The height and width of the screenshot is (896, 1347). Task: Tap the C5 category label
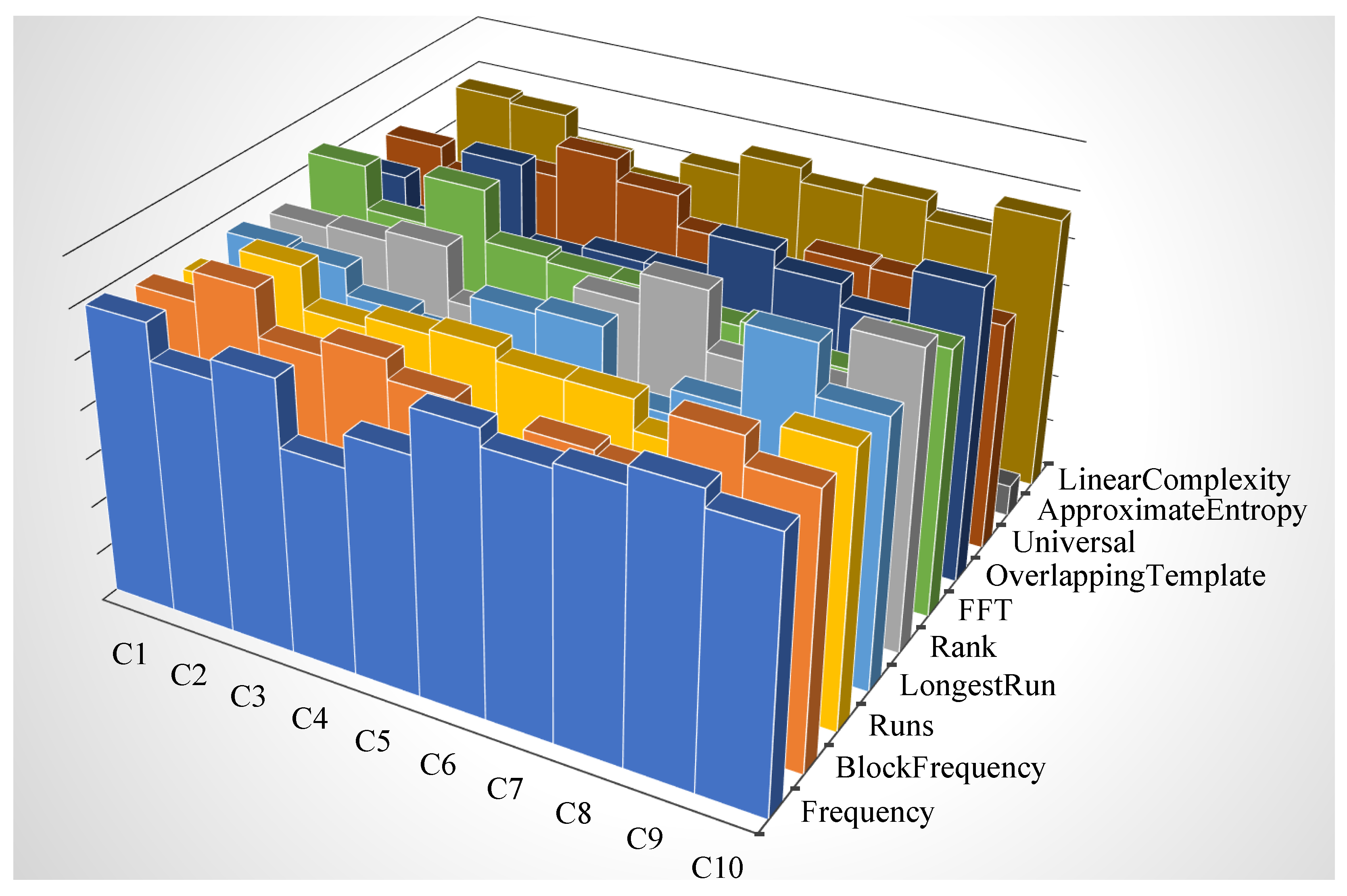[372, 741]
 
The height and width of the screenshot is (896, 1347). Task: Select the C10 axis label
[717, 867]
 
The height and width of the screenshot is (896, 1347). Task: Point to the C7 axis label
[504, 789]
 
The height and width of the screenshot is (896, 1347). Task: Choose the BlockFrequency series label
[940, 767]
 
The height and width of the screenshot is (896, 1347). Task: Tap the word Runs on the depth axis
[901, 726]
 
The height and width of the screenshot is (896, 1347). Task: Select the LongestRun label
[977, 685]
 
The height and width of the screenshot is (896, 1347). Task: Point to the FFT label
[984, 610]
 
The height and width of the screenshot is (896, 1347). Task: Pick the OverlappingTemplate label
[1125, 575]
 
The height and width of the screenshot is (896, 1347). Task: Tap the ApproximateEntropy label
[1172, 510]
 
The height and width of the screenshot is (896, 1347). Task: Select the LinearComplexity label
[1174, 479]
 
